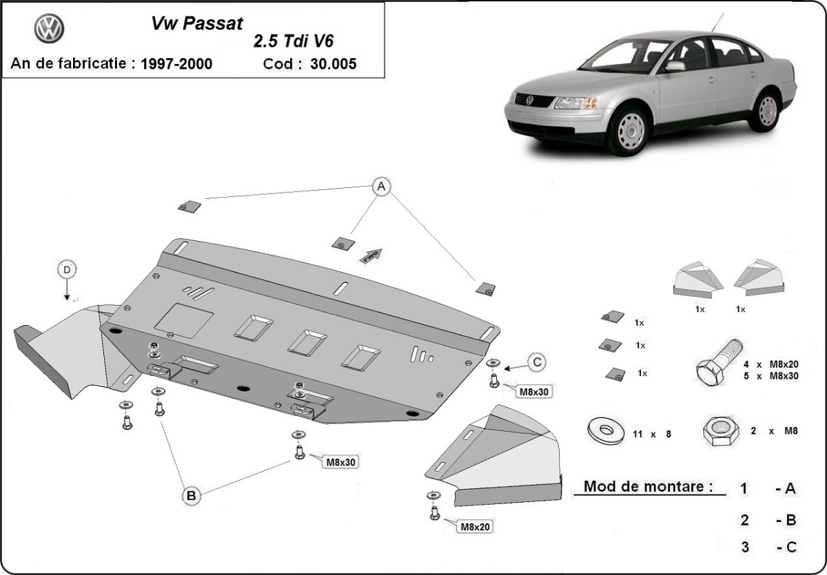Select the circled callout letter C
pos(538,360)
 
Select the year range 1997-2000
pos(176,65)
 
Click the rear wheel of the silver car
pos(765,109)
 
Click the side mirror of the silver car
pos(675,66)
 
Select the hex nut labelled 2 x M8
pos(717,431)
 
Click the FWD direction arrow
pos(369,255)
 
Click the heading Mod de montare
pos(648,486)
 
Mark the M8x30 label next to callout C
pos(533,391)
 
